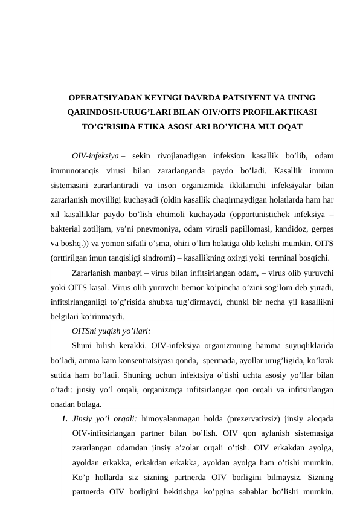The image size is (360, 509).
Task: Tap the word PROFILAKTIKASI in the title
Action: [275, 112]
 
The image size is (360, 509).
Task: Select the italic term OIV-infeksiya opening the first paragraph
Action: [94, 155]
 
